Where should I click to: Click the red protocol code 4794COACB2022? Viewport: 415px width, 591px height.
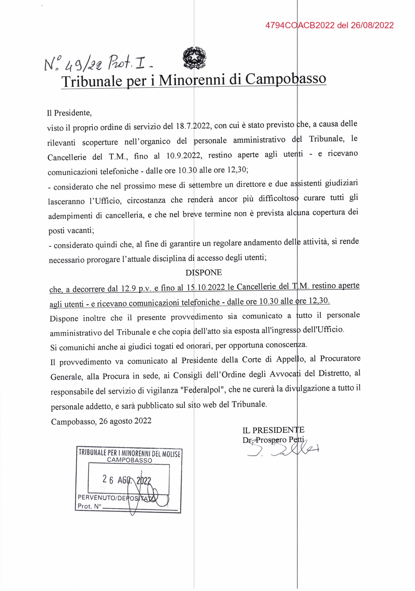click(x=300, y=25)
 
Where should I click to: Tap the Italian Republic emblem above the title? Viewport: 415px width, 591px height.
click(x=194, y=57)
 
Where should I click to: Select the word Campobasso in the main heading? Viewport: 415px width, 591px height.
click(x=286, y=79)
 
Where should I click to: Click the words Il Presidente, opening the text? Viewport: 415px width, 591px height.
click(x=69, y=113)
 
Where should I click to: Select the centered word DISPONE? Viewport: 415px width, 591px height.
click(x=204, y=272)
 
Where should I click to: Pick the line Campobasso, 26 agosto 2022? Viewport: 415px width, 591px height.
click(x=101, y=421)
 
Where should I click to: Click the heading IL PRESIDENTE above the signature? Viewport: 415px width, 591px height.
click(x=273, y=430)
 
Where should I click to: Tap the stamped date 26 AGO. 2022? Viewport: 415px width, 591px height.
click(x=127, y=480)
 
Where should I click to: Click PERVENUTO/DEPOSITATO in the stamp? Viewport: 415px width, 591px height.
click(x=117, y=497)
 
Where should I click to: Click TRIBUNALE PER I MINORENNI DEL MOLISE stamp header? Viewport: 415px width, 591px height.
click(x=129, y=453)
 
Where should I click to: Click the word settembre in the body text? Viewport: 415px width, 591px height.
click(x=205, y=185)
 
